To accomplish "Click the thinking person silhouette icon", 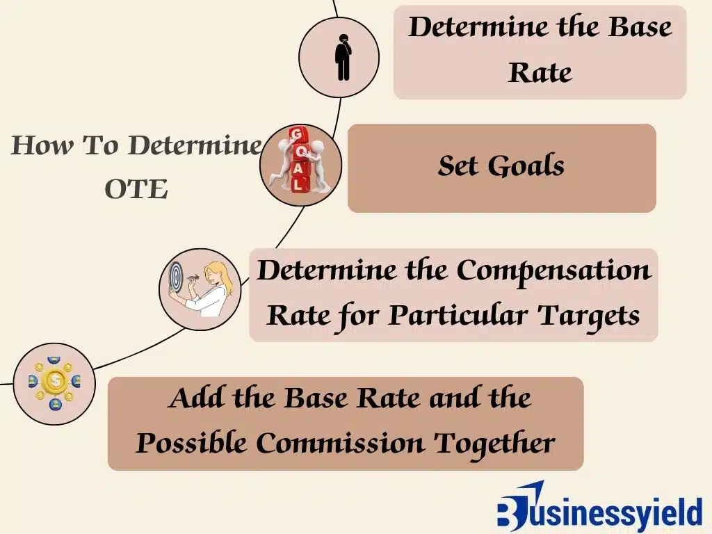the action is [343, 57].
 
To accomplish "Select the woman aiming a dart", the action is [209, 289].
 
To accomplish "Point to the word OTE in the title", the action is [136, 189].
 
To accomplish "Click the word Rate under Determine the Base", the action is [540, 72].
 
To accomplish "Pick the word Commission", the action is [340, 442].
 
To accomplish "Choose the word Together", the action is [494, 443].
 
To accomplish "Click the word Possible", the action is [191, 442].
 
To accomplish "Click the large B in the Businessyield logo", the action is [512, 511].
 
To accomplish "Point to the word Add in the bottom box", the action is [195, 398].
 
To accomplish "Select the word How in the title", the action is [42, 145].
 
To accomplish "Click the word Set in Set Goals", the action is [458, 165].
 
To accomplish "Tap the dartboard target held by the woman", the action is [176, 277].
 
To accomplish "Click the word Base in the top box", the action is [640, 27].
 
